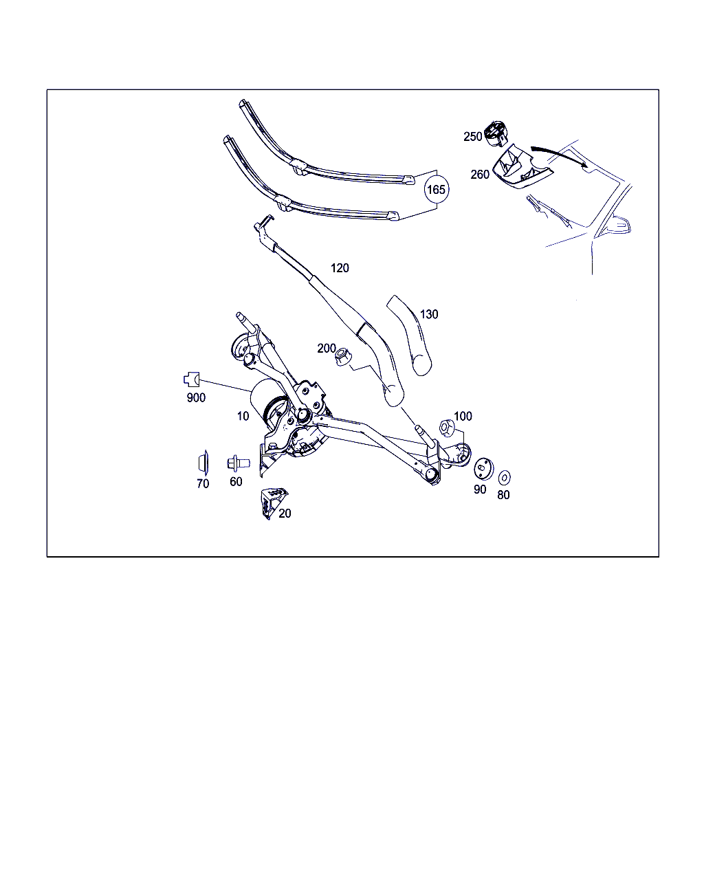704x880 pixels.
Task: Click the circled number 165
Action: click(x=436, y=189)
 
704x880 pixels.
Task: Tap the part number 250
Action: click(x=472, y=137)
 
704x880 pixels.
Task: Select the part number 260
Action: click(x=480, y=175)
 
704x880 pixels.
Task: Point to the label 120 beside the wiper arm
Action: click(x=340, y=268)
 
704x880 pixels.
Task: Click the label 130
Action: click(x=429, y=314)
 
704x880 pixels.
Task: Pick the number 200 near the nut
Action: click(x=327, y=348)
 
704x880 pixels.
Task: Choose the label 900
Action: click(x=196, y=397)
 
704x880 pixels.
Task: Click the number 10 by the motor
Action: click(x=243, y=416)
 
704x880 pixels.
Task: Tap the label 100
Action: click(x=463, y=416)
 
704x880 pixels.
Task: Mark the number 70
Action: click(x=203, y=483)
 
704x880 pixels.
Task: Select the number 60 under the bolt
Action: click(x=236, y=481)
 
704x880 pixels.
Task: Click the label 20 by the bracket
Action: click(x=285, y=513)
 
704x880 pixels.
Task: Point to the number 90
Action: click(x=480, y=489)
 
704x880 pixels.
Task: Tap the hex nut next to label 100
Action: click(x=447, y=428)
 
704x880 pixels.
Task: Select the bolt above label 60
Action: click(x=239, y=463)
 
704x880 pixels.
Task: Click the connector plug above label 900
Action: click(x=191, y=379)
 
